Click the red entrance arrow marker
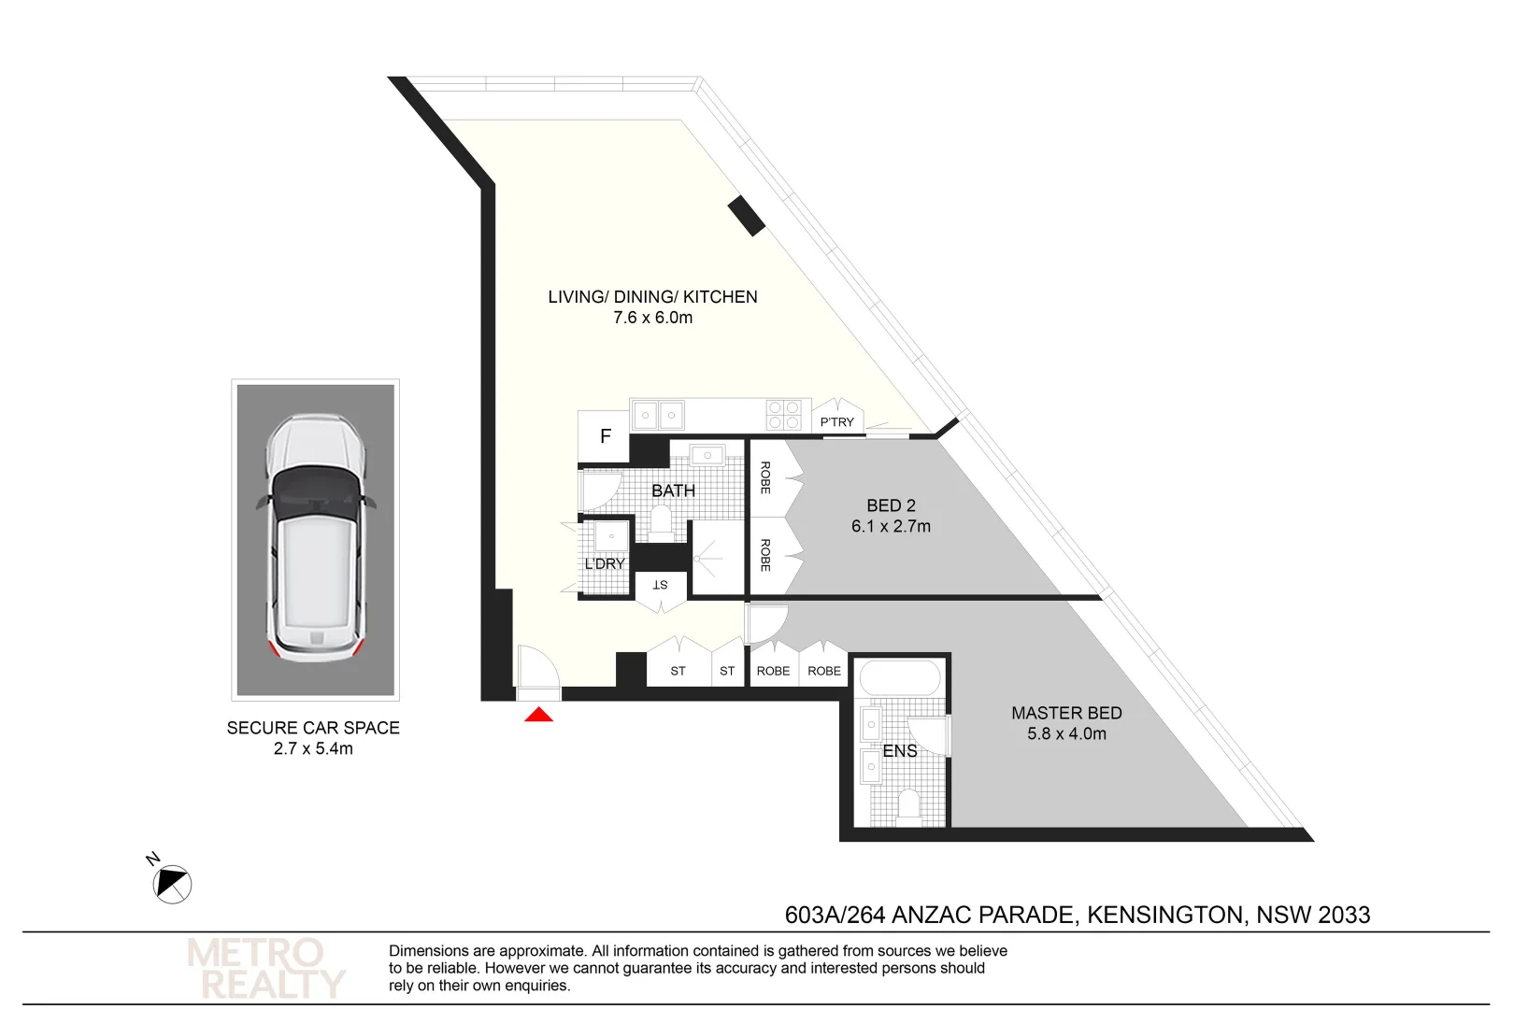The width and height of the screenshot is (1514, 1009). tap(538, 715)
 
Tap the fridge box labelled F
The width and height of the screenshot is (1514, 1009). tap(605, 435)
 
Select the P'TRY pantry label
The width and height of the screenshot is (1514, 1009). tap(836, 422)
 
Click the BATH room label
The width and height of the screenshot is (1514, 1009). tap(673, 490)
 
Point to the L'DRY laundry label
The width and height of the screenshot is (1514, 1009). tap(604, 563)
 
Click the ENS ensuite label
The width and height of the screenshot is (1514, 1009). tap(899, 751)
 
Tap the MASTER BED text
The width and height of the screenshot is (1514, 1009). tap(1065, 713)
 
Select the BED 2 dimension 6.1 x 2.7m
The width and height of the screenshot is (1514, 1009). tap(890, 527)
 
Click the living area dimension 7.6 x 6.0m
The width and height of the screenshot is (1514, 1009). tap(652, 318)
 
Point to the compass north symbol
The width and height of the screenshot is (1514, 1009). tap(172, 884)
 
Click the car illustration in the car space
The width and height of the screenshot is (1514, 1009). tap(315, 539)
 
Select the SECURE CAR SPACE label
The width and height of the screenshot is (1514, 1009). tap(313, 728)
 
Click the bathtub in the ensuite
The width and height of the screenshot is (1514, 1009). tap(900, 678)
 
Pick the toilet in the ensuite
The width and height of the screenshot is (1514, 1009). tap(907, 805)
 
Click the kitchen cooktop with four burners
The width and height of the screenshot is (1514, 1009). tap(783, 415)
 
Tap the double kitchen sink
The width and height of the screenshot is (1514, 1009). tap(658, 414)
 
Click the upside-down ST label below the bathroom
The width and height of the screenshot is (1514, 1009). tap(660, 585)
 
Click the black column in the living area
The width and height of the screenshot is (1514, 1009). tap(747, 216)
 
